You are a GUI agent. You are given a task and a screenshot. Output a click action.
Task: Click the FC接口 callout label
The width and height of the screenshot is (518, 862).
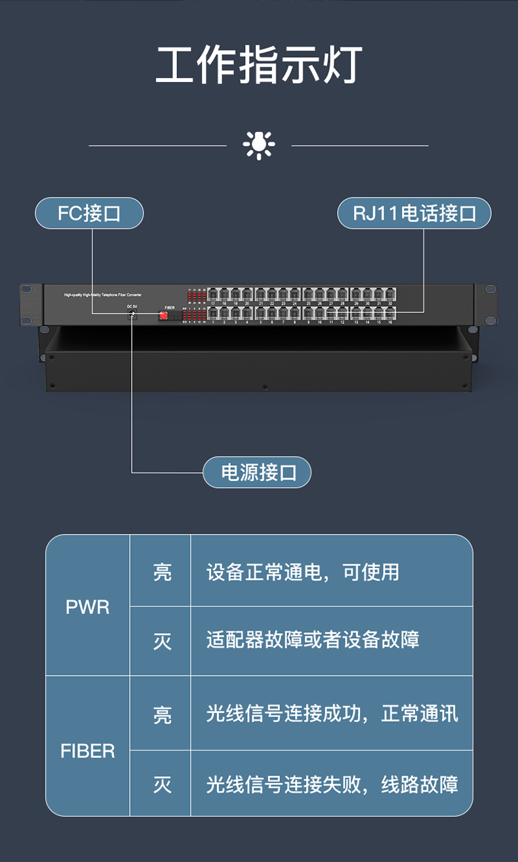click(x=89, y=213)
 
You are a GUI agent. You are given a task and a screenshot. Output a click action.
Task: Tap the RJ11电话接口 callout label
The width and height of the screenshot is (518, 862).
click(x=414, y=213)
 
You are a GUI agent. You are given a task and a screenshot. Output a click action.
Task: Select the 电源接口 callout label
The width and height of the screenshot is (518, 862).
click(x=256, y=472)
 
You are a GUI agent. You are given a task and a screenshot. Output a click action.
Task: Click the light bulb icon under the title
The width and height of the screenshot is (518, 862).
click(x=259, y=145)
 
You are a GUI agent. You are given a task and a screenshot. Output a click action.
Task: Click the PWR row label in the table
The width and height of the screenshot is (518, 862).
click(x=87, y=607)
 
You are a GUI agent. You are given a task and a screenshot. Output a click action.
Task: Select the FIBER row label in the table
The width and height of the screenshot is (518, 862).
click(x=87, y=750)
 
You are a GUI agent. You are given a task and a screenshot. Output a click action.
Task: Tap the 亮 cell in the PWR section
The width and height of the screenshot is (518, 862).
click(x=162, y=572)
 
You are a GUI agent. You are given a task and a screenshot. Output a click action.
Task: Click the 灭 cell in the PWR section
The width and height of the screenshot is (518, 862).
click(x=162, y=640)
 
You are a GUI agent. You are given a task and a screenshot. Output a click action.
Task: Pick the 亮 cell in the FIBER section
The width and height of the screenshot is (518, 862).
click(x=162, y=714)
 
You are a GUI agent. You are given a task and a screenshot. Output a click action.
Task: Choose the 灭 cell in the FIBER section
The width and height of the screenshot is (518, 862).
click(x=162, y=785)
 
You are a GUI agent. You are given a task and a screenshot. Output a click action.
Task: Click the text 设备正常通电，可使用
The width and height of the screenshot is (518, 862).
click(x=302, y=572)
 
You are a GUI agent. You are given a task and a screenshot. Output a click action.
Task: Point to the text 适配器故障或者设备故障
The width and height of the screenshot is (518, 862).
click(x=313, y=640)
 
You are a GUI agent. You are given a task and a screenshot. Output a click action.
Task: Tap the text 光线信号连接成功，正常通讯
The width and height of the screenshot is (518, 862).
click(x=332, y=714)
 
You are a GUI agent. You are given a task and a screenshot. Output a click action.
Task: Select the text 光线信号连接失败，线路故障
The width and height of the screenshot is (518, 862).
click(x=332, y=785)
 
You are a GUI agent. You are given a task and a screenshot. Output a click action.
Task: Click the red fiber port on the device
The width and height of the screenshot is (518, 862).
click(x=163, y=316)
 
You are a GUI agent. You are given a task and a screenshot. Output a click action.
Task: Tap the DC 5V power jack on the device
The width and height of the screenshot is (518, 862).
click(x=133, y=316)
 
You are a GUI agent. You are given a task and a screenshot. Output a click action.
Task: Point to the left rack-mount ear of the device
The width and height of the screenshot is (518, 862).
click(x=27, y=304)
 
